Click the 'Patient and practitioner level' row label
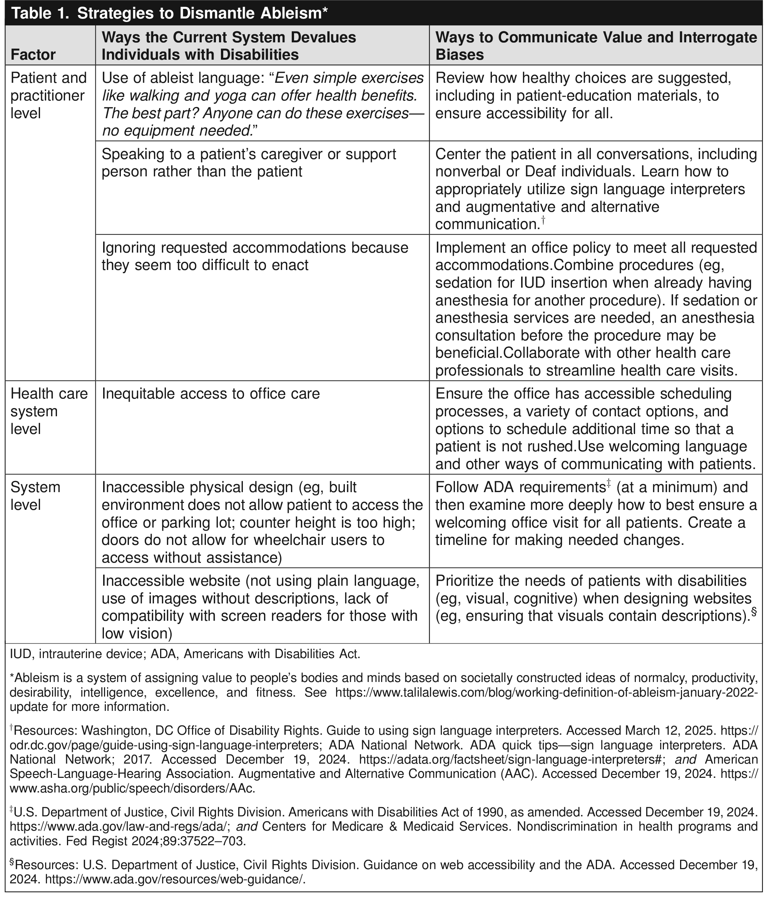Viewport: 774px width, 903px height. (48, 95)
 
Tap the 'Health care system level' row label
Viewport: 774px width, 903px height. (48, 411)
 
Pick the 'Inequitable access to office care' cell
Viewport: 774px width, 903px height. (211, 394)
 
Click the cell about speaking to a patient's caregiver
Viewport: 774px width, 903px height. (249, 163)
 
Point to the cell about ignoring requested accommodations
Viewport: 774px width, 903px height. (255, 256)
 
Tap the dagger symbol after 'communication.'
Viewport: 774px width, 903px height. (543, 221)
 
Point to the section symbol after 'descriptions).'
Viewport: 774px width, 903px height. (754, 612)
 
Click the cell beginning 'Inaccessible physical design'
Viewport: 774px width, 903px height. (262, 522)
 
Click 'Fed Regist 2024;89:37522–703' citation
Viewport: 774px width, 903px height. (155, 841)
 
